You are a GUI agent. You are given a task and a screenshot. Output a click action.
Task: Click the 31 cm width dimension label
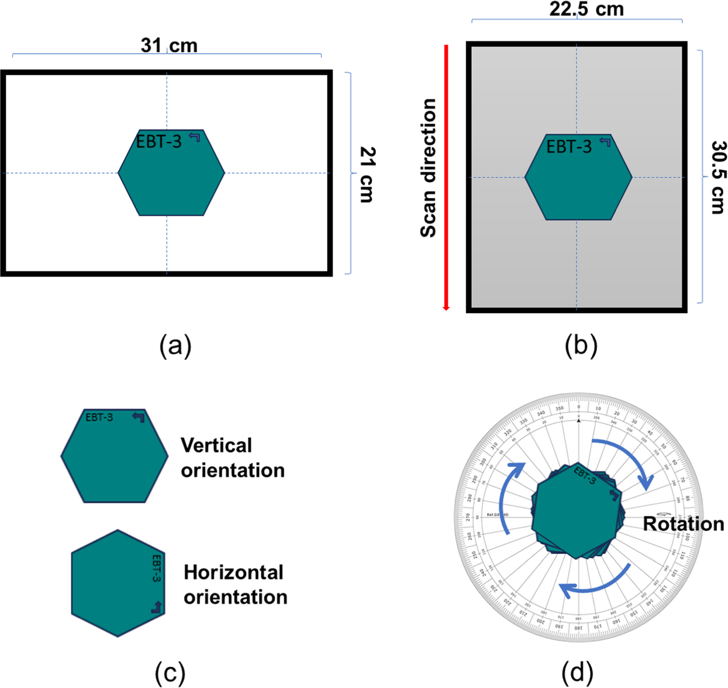coord(169,45)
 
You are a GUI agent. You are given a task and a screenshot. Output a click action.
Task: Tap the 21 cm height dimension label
coord(367,175)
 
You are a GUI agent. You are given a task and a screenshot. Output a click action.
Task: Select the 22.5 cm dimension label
coord(586,9)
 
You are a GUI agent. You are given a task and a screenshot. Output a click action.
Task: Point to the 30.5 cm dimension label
coord(719,178)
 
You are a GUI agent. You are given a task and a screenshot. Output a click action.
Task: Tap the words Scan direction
coord(428,168)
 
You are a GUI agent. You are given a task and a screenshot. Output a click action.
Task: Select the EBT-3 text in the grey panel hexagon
coord(569,147)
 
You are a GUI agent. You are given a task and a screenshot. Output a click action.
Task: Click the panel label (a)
coord(175,346)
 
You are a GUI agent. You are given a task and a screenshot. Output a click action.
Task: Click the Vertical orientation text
coord(232,458)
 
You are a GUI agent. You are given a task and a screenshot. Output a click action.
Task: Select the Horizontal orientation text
coord(235,585)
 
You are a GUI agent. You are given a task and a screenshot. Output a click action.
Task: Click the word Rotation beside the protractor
coord(683,524)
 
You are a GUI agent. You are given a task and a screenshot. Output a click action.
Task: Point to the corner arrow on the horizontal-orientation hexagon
coord(157,608)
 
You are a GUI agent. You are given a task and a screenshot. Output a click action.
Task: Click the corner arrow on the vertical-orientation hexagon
coord(138,417)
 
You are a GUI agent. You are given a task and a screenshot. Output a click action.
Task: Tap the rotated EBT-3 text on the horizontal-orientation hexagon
coord(156,568)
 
